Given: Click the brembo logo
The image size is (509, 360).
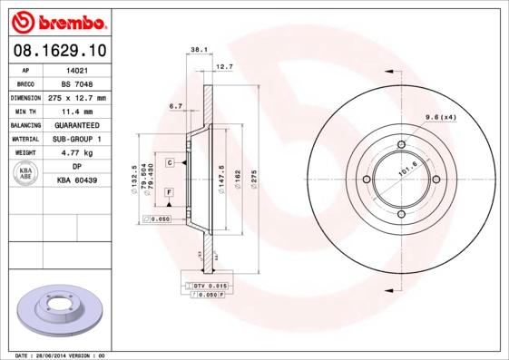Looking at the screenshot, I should [57, 19].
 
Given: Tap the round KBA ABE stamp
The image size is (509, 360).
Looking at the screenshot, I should [26, 174].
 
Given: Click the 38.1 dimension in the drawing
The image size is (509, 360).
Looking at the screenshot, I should [194, 52].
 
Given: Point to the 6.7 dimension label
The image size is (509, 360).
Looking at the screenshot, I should [176, 106].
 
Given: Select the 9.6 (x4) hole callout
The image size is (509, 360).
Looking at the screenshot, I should [440, 116].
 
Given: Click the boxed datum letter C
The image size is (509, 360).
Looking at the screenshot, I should [170, 161].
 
